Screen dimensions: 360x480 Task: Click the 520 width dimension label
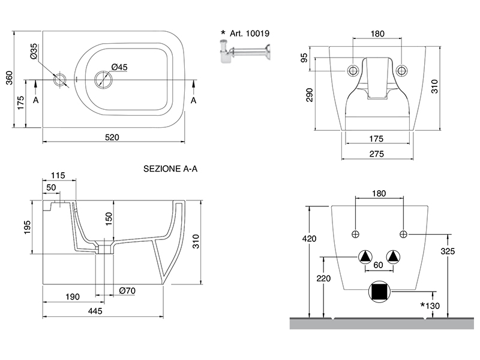[x=112, y=137]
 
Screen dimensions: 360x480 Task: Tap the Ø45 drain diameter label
[x=119, y=67]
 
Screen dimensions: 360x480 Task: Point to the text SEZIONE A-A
[x=170, y=169]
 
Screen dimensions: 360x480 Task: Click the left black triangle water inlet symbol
[x=366, y=257]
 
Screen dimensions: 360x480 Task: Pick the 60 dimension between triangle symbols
[x=379, y=264]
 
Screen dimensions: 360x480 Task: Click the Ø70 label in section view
[x=126, y=291]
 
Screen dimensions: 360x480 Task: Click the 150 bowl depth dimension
[x=109, y=217]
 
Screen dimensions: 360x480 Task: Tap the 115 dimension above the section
[x=58, y=175]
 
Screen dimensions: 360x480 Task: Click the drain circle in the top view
[x=103, y=79]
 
